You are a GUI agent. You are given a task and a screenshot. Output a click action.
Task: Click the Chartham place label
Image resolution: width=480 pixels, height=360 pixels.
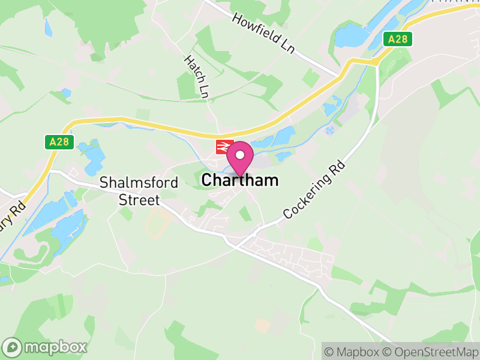(x=240, y=180)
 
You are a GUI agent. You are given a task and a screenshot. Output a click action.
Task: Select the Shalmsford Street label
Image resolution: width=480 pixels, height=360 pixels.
(x=139, y=191)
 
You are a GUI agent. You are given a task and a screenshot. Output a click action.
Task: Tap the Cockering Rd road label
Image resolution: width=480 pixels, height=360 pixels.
(x=315, y=188)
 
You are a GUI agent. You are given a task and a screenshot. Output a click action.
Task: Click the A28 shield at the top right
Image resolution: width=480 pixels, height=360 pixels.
(x=398, y=40)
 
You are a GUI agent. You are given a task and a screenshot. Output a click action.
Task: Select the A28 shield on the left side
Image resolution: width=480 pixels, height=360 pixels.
(x=55, y=142)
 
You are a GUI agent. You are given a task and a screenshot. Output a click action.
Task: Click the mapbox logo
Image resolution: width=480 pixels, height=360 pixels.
(x=46, y=347)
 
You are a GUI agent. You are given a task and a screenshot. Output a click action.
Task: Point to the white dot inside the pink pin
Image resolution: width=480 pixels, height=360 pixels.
(x=241, y=154)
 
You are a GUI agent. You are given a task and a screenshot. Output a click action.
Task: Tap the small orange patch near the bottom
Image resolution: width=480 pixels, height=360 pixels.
(x=262, y=325)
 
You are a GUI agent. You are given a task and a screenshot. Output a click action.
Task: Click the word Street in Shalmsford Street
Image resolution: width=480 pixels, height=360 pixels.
(x=139, y=200)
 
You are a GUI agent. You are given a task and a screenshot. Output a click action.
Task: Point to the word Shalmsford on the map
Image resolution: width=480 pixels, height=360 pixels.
(x=139, y=182)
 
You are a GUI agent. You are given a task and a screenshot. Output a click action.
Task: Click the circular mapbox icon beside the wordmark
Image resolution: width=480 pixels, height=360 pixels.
(x=13, y=347)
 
